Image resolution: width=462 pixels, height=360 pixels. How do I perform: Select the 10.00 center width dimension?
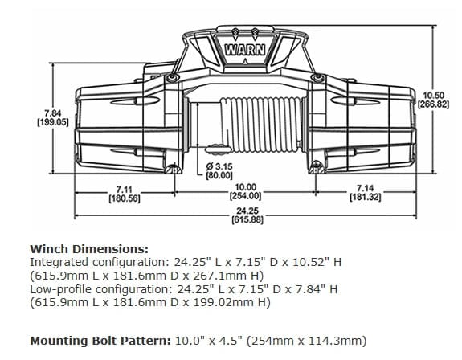point(246,186)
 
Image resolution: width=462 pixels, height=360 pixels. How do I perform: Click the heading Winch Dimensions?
point(88,249)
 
